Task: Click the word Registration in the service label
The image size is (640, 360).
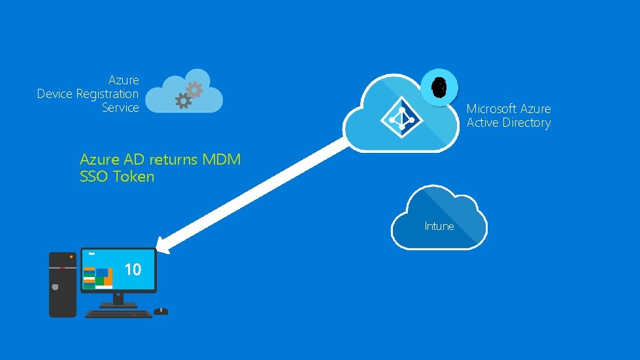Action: point(107,94)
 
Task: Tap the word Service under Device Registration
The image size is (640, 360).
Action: point(120,108)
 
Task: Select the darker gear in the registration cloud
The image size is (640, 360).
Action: point(184,100)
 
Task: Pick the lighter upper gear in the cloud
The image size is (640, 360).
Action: point(194,89)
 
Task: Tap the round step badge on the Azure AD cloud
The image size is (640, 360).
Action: point(440,87)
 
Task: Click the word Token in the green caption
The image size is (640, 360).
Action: point(133,176)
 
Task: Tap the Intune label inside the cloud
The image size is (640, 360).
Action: point(439,226)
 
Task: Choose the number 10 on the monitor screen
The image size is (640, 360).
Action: point(133,269)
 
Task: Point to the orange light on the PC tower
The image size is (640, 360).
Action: point(71,256)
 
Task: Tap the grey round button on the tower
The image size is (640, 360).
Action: point(56,286)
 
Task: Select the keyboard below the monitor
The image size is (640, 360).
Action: point(118,314)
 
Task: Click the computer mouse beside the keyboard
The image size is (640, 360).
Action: point(161,311)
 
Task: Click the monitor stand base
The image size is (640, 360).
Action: point(118,304)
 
